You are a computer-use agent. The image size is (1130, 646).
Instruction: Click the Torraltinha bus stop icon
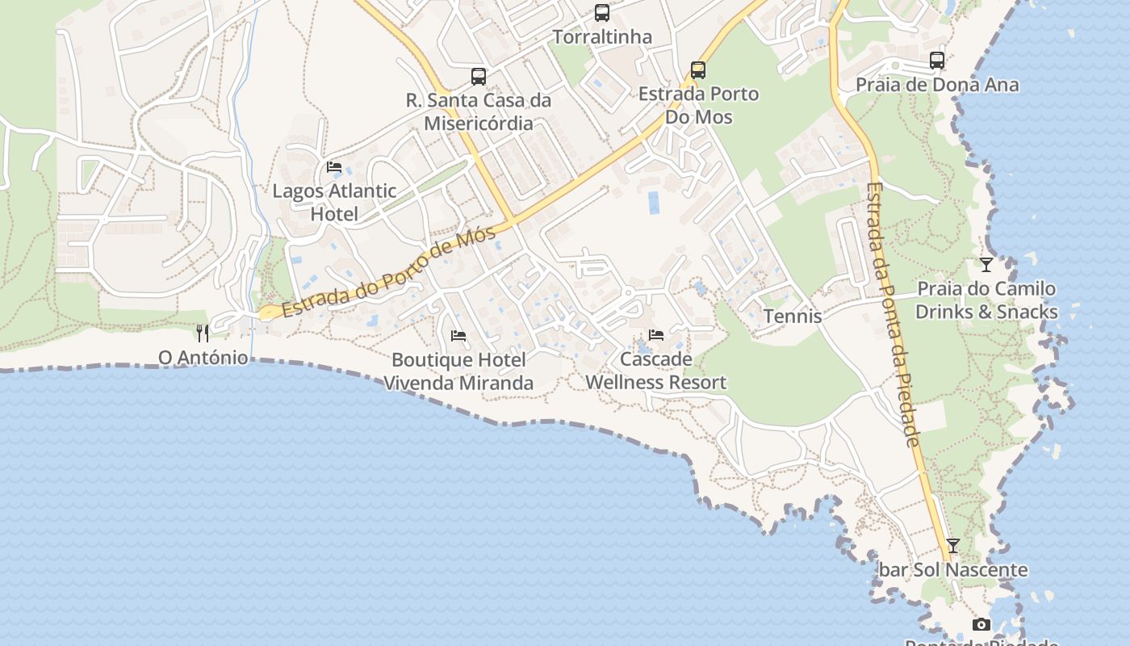click(602, 13)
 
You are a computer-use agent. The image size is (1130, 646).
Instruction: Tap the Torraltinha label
click(602, 37)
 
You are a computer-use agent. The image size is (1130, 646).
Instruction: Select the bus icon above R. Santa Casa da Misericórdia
click(479, 77)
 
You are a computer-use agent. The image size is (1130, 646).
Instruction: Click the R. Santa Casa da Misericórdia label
click(479, 112)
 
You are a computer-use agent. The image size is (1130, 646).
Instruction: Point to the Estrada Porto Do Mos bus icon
click(698, 70)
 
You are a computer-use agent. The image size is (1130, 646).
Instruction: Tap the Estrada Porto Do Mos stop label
click(698, 105)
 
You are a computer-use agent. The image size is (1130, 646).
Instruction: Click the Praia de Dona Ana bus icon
click(937, 61)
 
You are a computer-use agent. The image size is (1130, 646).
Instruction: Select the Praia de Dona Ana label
click(937, 85)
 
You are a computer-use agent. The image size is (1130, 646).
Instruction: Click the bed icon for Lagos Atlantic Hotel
click(334, 167)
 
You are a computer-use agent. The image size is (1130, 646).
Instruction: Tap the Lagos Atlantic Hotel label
click(334, 203)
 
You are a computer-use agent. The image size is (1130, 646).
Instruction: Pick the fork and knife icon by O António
click(203, 333)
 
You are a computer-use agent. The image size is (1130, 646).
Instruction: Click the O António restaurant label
click(203, 357)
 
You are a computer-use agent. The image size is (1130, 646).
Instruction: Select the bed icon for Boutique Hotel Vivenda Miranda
click(458, 336)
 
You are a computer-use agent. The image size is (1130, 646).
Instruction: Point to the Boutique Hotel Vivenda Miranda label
click(458, 371)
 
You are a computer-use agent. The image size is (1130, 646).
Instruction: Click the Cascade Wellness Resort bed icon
click(656, 335)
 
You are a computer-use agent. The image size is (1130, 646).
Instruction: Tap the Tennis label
click(793, 317)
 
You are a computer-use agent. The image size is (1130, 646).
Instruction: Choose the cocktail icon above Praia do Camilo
click(986, 265)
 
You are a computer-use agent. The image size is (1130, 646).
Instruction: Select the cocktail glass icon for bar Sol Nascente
click(953, 546)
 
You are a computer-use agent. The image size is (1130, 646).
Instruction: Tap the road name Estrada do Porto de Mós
click(387, 274)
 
